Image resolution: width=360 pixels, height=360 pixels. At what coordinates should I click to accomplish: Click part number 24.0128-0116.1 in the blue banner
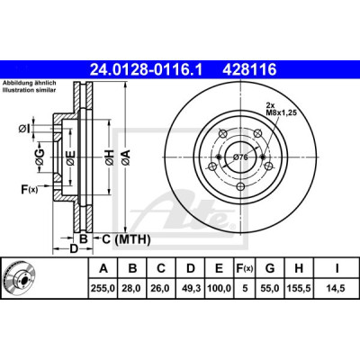point(147,70)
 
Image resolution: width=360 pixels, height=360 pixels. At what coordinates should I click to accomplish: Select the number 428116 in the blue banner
point(249,70)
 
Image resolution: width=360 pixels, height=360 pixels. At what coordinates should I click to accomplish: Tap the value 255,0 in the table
point(103,289)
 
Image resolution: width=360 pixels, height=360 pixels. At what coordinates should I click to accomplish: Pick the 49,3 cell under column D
point(191,289)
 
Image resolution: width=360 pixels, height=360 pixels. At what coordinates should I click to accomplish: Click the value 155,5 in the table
point(299,289)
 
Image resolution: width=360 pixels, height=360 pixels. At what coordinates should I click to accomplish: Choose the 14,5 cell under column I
point(337,289)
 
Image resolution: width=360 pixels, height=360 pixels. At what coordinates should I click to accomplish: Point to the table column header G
point(270,268)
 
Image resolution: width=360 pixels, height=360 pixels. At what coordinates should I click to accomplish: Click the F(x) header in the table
point(245,268)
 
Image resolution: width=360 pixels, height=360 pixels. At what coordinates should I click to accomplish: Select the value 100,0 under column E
point(219,289)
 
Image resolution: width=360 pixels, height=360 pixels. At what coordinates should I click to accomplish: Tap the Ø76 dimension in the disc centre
point(240,157)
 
